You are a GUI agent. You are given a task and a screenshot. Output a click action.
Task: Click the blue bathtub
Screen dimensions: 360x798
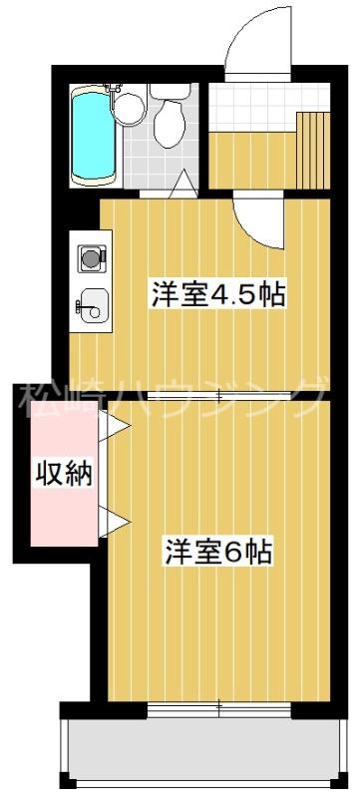coord(92,136)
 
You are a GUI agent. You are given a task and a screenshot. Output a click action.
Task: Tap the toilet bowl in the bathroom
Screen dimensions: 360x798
coord(170,123)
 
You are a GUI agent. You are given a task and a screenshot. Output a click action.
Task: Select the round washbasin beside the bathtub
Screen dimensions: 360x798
coord(130,108)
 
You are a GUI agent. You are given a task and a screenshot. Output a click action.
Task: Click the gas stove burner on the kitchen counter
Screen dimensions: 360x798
coord(92,258)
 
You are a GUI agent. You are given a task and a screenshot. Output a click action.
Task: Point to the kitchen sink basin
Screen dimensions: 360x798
coord(93,304)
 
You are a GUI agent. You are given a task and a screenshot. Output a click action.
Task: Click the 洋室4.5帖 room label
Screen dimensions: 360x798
coord(217,294)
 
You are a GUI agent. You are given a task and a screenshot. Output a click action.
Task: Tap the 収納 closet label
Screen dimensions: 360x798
coord(64,473)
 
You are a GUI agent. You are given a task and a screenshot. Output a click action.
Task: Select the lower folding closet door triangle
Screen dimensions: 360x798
coord(114,522)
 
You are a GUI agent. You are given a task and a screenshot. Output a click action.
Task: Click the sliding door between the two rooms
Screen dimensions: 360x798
coord(218,395)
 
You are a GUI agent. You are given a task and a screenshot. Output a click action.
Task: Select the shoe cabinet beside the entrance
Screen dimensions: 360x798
coord(313,150)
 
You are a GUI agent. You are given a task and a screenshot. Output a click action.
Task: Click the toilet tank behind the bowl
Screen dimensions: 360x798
coord(171,91)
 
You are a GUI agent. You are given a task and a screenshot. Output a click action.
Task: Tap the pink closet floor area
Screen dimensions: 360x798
coord(63,473)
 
